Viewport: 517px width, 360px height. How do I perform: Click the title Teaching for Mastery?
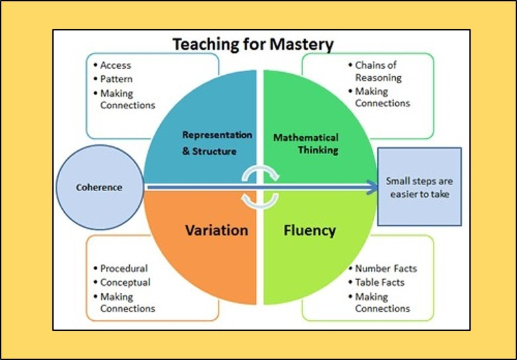click(253, 45)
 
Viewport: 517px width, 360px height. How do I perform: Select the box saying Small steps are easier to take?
click(419, 187)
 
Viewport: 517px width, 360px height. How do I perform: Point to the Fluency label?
click(309, 231)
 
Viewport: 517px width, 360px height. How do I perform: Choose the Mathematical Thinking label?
click(305, 144)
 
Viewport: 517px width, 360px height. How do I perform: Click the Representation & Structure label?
click(217, 143)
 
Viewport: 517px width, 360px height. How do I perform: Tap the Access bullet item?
click(116, 66)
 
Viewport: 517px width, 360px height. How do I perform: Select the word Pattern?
click(117, 79)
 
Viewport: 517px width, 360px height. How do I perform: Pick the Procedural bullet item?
click(124, 269)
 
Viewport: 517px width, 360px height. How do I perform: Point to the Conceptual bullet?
click(125, 282)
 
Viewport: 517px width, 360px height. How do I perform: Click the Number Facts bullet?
click(386, 269)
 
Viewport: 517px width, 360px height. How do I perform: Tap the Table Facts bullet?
click(380, 282)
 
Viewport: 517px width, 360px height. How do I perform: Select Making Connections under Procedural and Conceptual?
click(128, 302)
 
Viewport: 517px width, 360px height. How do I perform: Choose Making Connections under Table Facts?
click(383, 302)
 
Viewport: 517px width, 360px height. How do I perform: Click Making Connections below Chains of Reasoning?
click(383, 97)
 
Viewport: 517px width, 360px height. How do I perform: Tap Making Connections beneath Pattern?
click(128, 99)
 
